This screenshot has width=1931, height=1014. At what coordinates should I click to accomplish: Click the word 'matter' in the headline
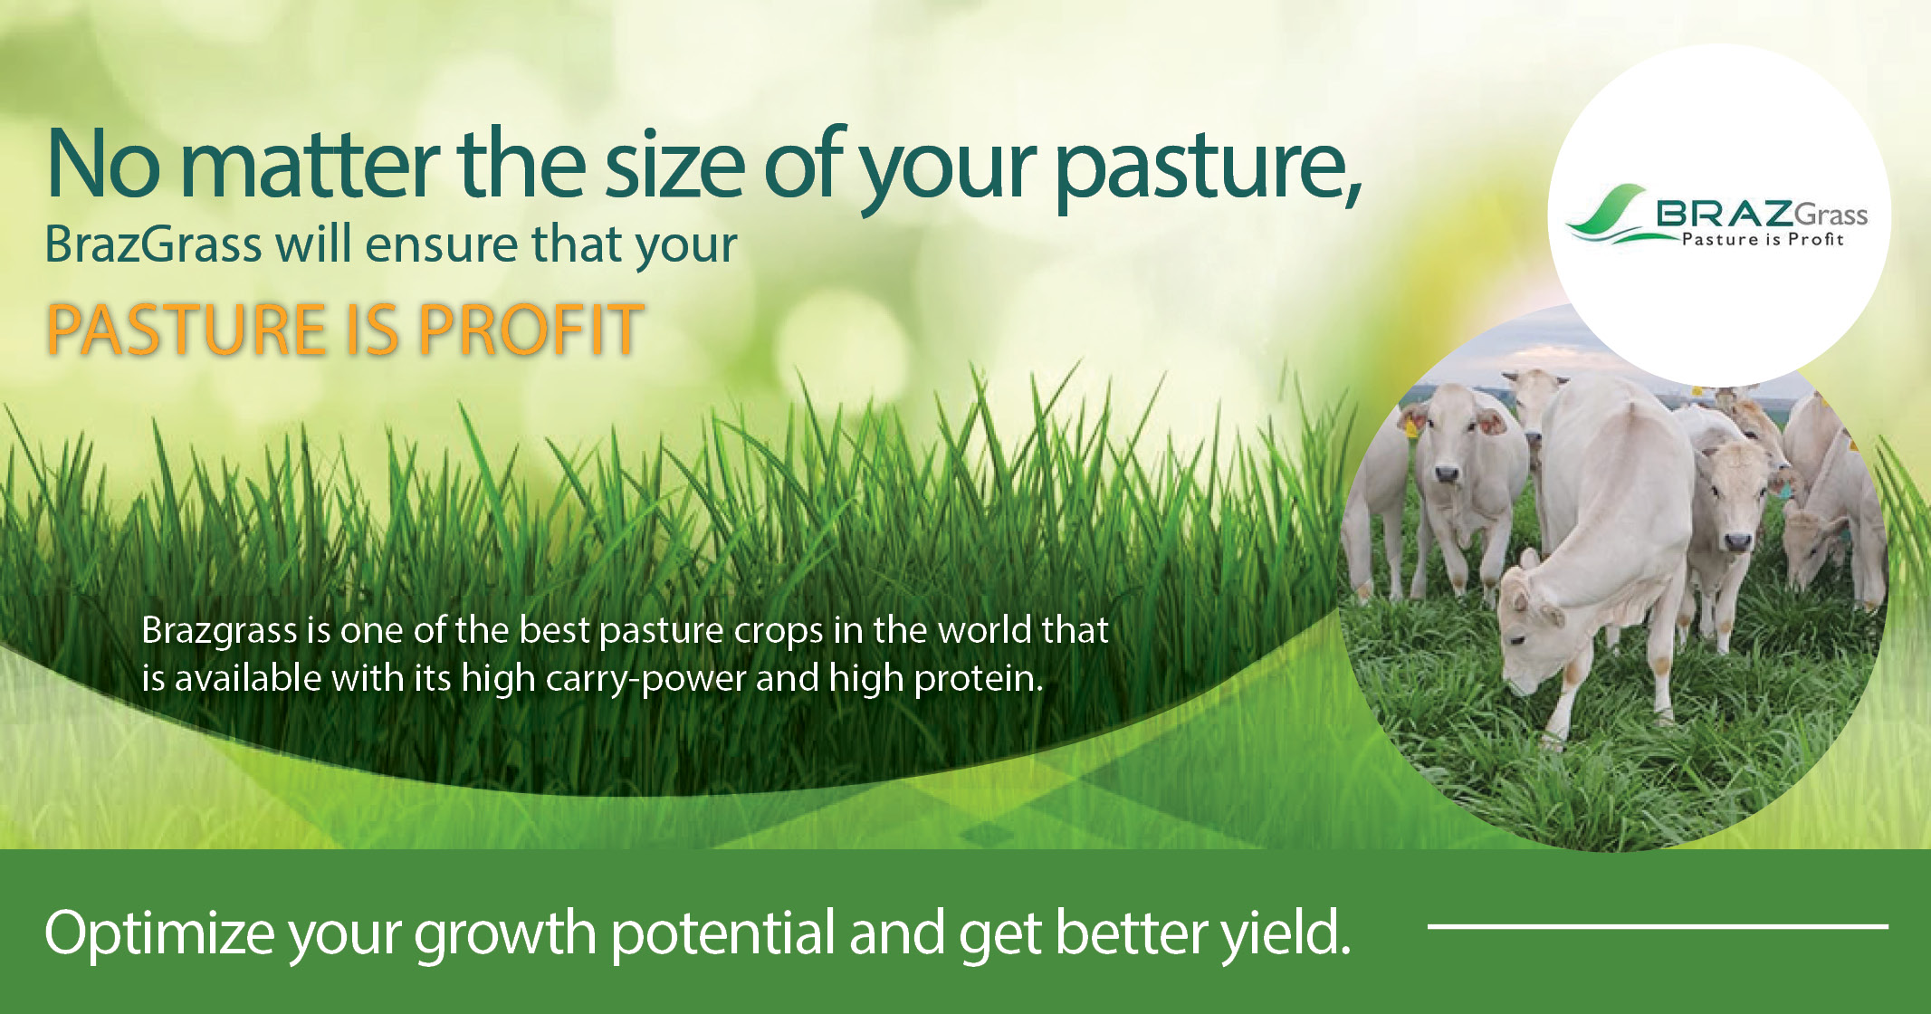(x=309, y=165)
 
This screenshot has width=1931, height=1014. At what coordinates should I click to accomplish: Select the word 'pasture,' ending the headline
(x=1208, y=167)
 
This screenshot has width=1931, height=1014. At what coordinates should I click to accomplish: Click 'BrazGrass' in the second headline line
(x=153, y=244)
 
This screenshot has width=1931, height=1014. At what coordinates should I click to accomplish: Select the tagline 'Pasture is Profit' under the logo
(x=1762, y=240)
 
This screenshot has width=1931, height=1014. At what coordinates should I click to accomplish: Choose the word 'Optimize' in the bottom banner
(x=158, y=933)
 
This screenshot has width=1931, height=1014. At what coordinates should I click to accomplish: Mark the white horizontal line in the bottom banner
(x=1657, y=926)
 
